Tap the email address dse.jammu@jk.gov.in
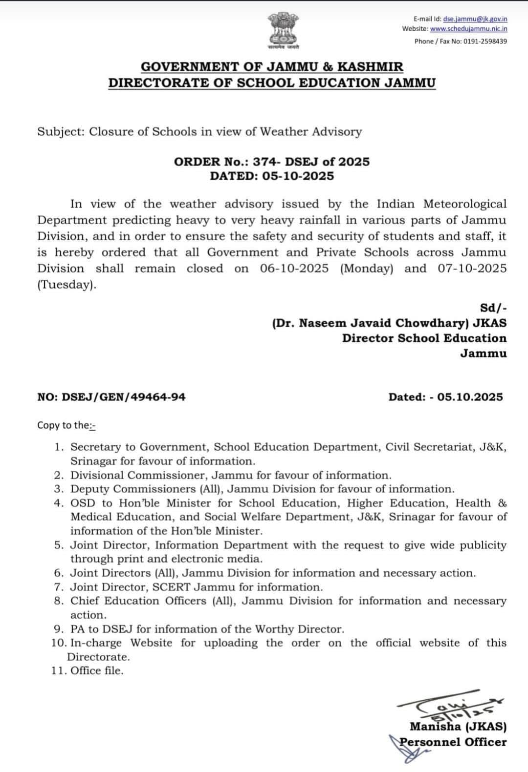point(475,19)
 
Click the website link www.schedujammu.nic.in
point(468,29)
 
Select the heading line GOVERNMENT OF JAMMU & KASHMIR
point(272,67)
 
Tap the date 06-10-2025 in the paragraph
point(294,269)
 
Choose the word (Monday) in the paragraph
point(367,269)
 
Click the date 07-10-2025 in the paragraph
point(472,269)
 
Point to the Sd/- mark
point(494,308)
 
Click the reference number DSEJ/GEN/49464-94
point(124,397)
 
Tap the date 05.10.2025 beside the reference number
point(470,397)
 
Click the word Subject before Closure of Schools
point(59,132)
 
